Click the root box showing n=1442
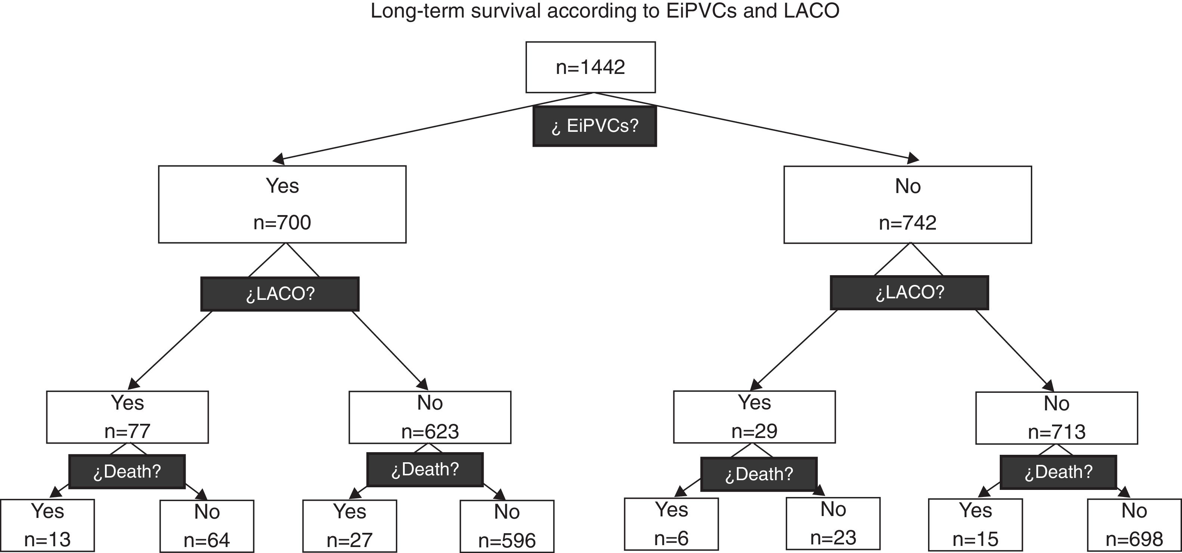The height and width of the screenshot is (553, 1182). [x=590, y=68]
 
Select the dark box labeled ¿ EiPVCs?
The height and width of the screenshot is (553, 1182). [x=594, y=126]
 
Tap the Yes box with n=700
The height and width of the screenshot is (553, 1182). [x=282, y=204]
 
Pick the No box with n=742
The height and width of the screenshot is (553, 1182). [x=908, y=205]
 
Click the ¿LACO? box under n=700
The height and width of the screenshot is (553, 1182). [x=280, y=294]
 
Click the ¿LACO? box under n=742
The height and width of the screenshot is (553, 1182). [x=909, y=292]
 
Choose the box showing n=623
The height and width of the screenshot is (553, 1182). [x=429, y=417]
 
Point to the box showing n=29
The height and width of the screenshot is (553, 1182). [x=754, y=417]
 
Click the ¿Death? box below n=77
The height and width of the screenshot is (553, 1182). [x=127, y=471]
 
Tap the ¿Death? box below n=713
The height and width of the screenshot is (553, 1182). [x=1058, y=472]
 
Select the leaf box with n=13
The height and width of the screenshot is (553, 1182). [x=47, y=525]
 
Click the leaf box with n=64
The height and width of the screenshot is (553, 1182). [x=207, y=526]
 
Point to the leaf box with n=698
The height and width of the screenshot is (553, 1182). [x=1134, y=525]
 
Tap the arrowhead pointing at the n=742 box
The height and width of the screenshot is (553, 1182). [x=913, y=159]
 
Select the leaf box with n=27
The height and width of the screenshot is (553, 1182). [x=349, y=526]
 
